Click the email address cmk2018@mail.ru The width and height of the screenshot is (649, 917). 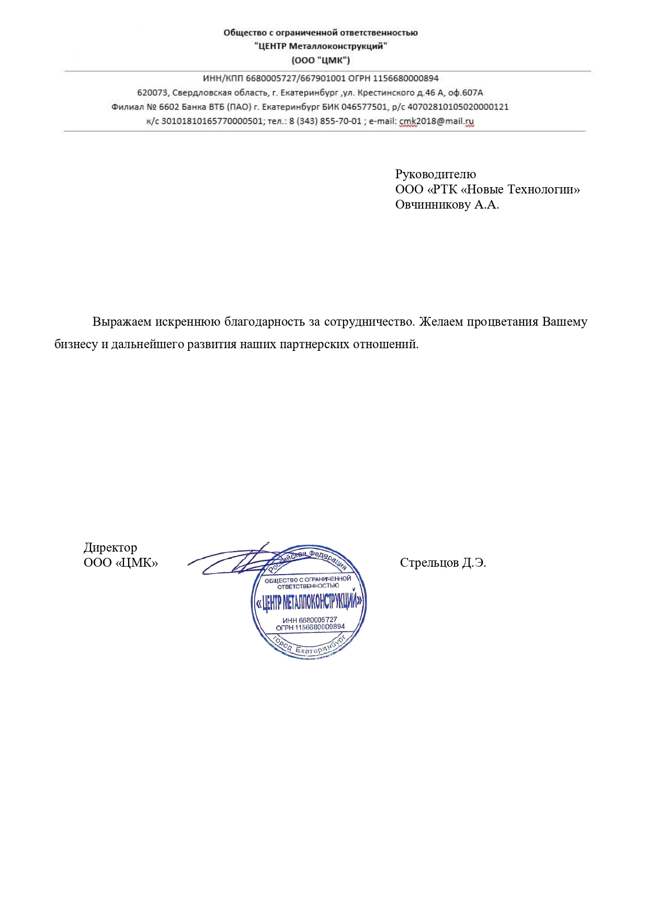coord(436,121)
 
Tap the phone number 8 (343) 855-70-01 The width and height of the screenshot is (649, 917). coord(325,121)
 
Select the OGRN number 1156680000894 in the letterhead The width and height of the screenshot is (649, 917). coord(405,78)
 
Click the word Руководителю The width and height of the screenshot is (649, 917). coord(435,174)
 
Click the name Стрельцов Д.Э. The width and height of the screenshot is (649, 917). coord(442,563)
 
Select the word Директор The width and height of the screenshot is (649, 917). coord(110,547)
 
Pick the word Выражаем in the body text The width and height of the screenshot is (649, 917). coord(122,322)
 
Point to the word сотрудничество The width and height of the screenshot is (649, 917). coord(369,322)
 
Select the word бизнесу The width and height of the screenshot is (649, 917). coord(76,345)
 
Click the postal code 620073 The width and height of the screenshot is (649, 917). coord(152,93)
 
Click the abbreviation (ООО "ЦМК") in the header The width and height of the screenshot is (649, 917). coord(321,60)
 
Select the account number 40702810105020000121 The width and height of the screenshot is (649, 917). coord(458,107)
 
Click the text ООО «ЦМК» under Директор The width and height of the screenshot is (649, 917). coord(120,563)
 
